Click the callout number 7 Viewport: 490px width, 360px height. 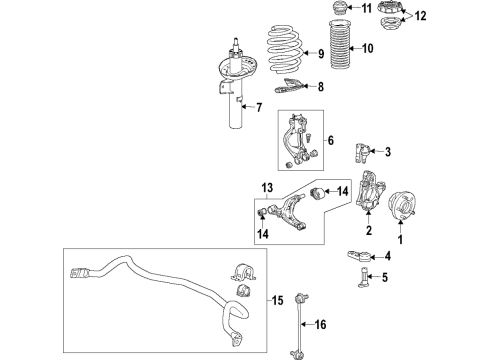click(259, 107)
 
